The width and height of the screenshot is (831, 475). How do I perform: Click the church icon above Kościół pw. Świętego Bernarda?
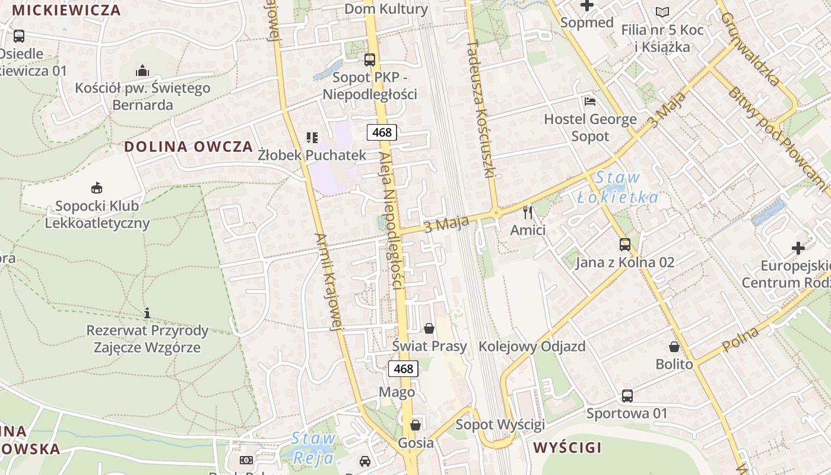click(142, 71)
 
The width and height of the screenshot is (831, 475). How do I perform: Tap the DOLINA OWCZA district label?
click(188, 147)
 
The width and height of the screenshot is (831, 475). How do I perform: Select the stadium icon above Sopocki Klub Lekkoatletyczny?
click(96, 188)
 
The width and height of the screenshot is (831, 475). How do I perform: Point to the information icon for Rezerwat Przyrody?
click(147, 312)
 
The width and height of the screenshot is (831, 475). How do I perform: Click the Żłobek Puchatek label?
click(312, 155)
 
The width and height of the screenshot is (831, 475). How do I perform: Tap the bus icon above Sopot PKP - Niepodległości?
click(370, 59)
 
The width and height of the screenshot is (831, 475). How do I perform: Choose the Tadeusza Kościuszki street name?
click(481, 109)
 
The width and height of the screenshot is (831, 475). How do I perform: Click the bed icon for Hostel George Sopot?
click(589, 101)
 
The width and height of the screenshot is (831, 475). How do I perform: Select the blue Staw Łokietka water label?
click(618, 187)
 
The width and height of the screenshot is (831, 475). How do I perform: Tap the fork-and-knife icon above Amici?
click(528, 212)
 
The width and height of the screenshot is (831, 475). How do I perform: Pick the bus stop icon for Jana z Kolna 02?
click(624, 244)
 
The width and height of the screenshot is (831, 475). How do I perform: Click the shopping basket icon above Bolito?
click(674, 346)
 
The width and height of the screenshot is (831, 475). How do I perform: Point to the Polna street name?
click(741, 338)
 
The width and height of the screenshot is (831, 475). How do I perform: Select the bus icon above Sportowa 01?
click(627, 395)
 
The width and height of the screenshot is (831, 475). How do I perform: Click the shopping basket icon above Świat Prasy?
click(429, 328)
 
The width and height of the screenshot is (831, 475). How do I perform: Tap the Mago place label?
click(397, 392)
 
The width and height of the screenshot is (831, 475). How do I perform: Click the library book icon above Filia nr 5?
click(662, 12)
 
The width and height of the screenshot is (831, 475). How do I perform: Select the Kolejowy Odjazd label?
click(532, 346)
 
